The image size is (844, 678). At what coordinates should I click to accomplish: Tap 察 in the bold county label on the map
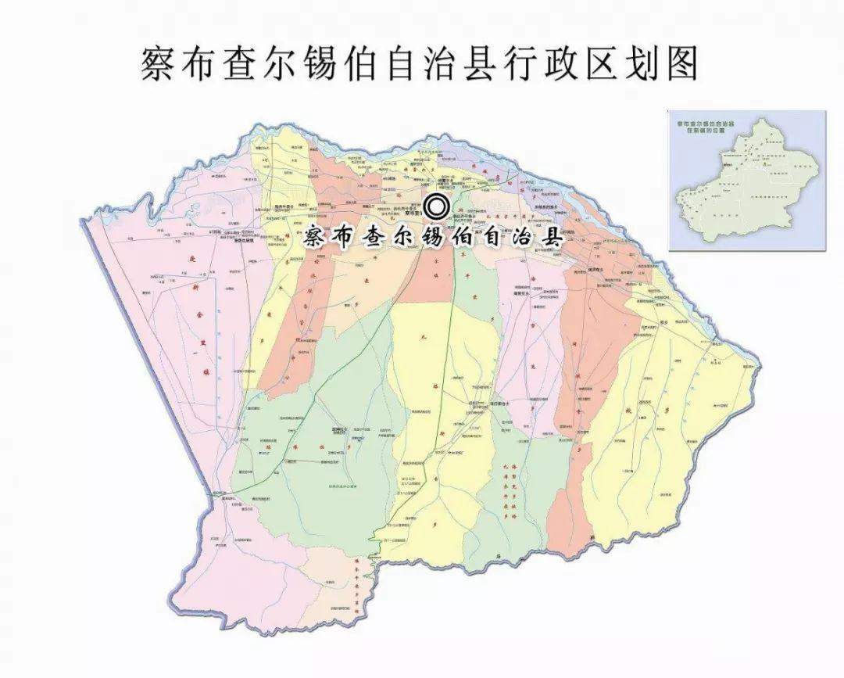pyautogui.click(x=314, y=237)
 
